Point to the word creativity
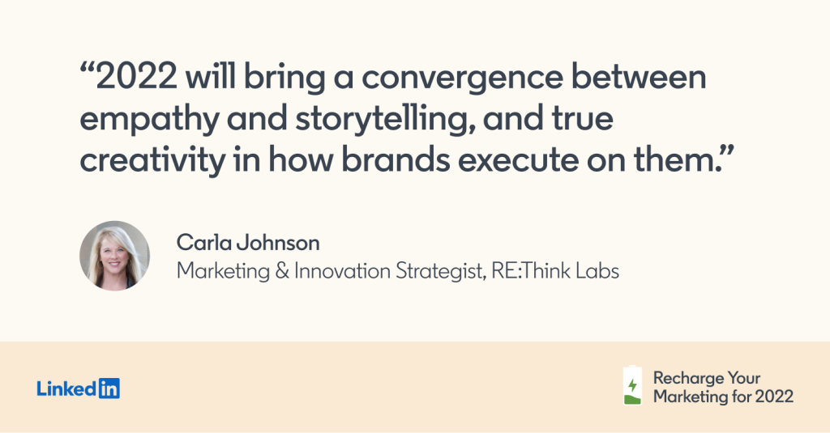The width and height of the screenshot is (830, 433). click(x=152, y=159)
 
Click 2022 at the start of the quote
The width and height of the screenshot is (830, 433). click(x=136, y=77)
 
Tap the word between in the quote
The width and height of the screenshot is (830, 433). click(x=639, y=77)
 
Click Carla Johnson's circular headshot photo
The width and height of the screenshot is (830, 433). click(x=114, y=256)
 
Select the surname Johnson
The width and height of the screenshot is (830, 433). click(x=278, y=243)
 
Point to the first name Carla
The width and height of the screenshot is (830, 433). click(x=203, y=243)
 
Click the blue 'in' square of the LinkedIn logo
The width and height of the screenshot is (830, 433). click(x=109, y=388)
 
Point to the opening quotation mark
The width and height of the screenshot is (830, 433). click(x=87, y=69)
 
